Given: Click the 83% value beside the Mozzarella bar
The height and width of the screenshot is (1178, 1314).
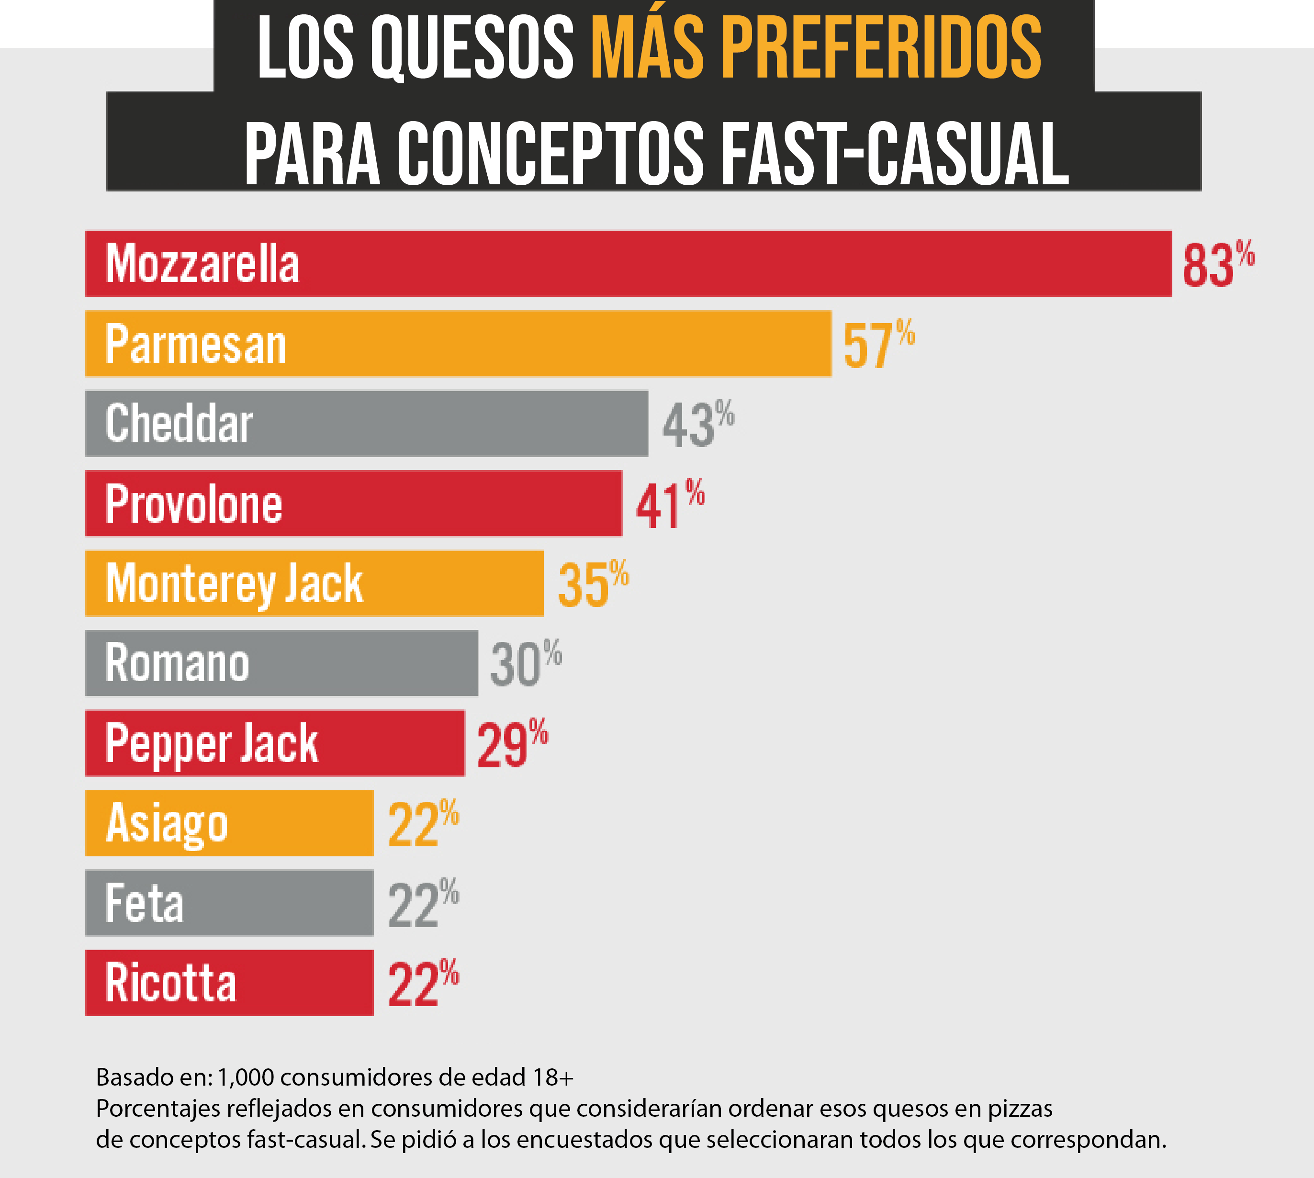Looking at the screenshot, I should [x=1217, y=264].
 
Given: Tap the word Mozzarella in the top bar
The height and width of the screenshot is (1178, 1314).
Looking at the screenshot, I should [x=202, y=264].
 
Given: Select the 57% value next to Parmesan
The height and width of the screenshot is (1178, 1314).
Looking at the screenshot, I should [x=878, y=344].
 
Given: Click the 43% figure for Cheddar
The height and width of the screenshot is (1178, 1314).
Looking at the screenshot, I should [x=697, y=425].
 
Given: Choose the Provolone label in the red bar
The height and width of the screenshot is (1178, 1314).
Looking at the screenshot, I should [x=193, y=504].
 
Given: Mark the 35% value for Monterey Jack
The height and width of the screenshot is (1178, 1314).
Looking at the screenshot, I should [x=592, y=584].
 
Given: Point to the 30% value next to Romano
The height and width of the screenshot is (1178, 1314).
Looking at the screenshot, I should [x=525, y=664].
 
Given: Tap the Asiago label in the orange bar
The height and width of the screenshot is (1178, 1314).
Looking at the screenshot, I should [x=167, y=824].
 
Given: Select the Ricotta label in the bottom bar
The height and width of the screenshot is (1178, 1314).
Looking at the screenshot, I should [x=171, y=983].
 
